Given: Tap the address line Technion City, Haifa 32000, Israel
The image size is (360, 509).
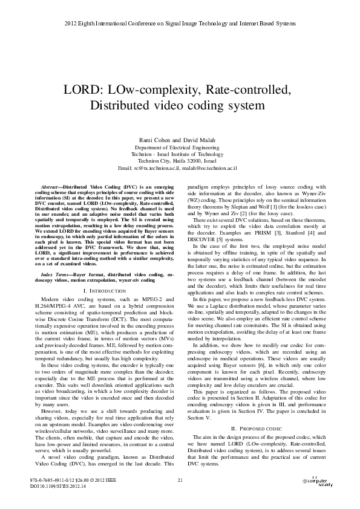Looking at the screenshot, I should [x=180, y=160].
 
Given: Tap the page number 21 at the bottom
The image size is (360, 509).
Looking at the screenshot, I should [x=180, y=480].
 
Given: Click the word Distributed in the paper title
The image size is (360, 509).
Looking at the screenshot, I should [x=119, y=105].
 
